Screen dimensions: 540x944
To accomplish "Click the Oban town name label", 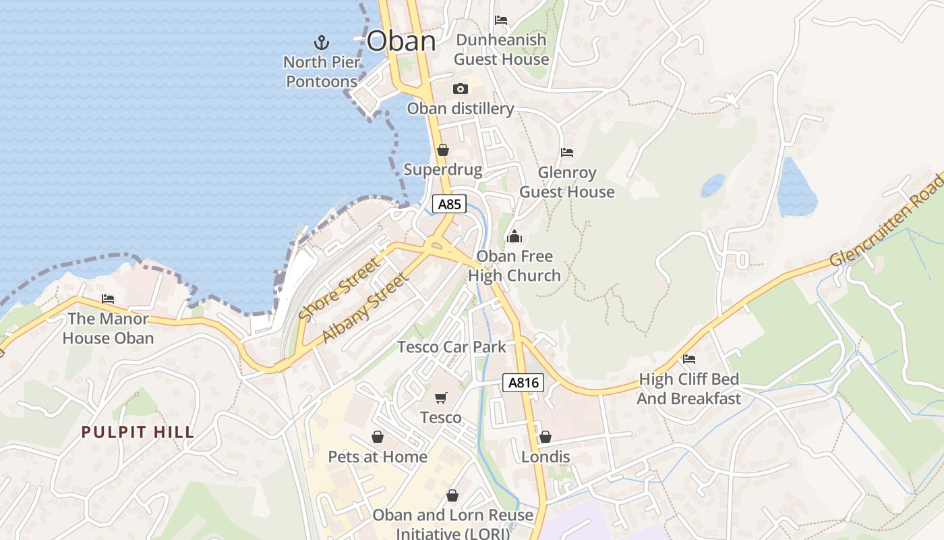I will pos(401,41).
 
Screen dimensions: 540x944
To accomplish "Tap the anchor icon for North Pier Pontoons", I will pos(322,43).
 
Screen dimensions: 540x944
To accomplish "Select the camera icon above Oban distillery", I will pos(461,88).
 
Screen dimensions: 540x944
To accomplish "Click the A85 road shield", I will pos(449,204).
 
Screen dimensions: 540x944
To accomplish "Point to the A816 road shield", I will pos(523,383).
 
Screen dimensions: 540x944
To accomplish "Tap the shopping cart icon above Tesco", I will pos(441,398).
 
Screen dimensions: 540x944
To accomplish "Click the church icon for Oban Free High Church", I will pos(514,236).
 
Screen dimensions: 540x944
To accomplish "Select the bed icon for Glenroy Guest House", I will pos(567,153).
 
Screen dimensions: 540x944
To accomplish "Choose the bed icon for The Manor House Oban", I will pos(108,298).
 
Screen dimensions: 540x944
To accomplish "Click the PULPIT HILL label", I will pos(138,432).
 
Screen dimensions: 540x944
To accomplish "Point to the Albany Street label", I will pos(365,308).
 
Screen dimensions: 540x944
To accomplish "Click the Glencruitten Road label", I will pos(886,220).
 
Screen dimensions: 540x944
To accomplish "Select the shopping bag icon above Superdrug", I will pos(443,149).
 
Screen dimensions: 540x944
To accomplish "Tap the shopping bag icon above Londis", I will pos(545,437).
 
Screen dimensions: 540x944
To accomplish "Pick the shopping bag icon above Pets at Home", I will pos(378,437).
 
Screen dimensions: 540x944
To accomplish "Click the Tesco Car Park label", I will pos(451,347).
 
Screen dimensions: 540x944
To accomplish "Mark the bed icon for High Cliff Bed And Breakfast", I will pos(688,358).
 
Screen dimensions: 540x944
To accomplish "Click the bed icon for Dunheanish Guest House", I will pos(501,20).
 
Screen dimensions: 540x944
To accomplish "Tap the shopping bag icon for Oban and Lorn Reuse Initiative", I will pos(452,495).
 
